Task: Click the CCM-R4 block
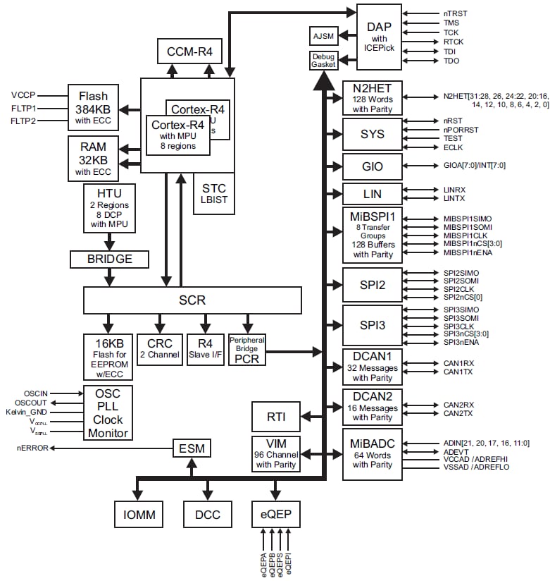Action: point(189,51)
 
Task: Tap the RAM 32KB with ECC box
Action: point(93,160)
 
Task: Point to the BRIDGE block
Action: point(110,259)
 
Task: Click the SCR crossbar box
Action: point(192,300)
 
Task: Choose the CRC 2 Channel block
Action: point(159,349)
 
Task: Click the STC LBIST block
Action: point(214,193)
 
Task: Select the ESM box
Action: point(192,447)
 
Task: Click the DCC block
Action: point(206,515)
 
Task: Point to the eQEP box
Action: point(275,515)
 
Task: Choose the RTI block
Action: point(275,416)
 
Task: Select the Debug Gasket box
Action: point(325,61)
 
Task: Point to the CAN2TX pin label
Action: point(458,413)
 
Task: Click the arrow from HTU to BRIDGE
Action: point(110,241)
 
